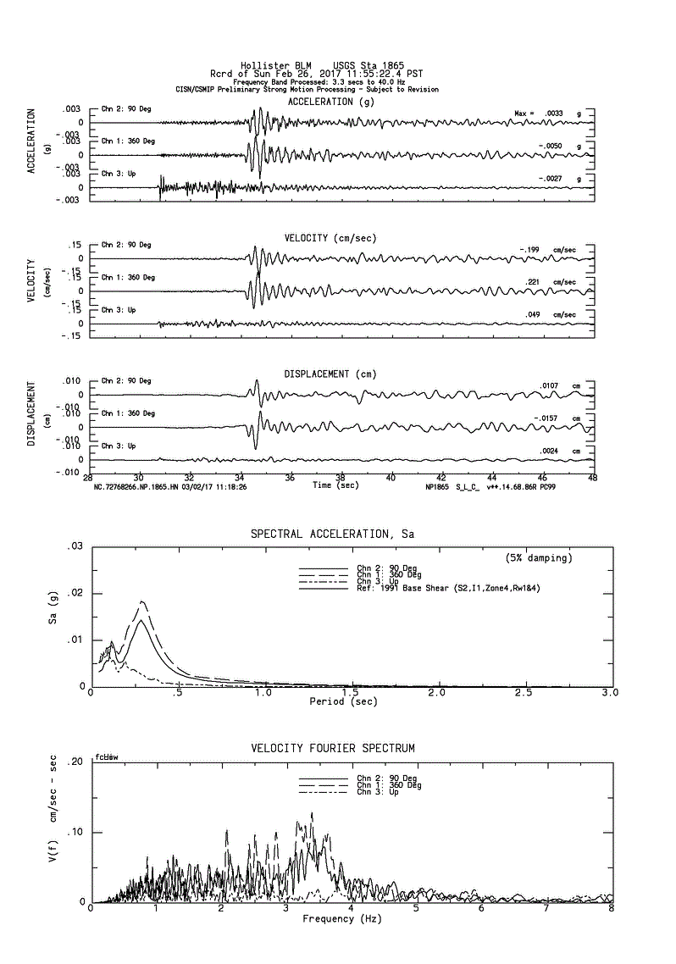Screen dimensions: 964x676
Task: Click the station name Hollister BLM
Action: (267, 66)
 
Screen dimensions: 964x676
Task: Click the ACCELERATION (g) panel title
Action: (330, 102)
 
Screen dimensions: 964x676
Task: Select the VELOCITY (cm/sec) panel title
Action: (330, 238)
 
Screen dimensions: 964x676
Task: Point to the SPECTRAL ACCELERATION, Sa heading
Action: (332, 535)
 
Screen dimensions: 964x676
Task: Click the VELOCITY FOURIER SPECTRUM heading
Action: (333, 748)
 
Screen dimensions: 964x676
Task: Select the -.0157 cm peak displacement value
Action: (551, 418)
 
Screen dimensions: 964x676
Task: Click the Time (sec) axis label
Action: (334, 485)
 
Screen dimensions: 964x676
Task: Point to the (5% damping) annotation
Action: (533, 557)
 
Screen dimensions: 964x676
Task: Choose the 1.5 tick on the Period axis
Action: (351, 693)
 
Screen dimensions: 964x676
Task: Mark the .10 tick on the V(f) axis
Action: (75, 832)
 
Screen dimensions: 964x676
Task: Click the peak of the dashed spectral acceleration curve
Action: (143, 601)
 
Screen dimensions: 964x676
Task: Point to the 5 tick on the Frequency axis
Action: (416, 908)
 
